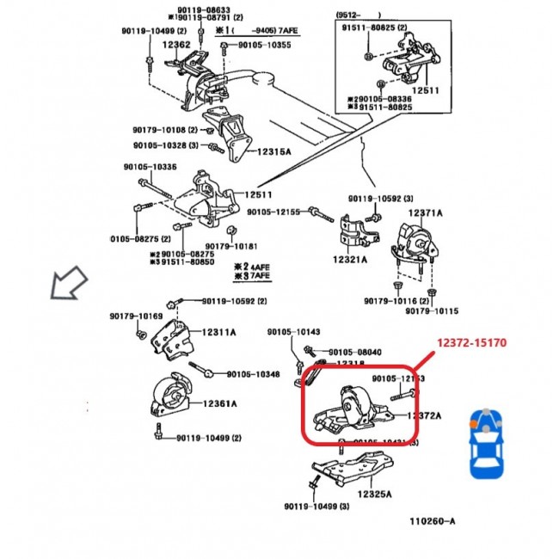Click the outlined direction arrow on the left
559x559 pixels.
[x=70, y=282]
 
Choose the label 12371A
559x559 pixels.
[x=425, y=213]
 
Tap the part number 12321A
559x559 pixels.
[x=349, y=258]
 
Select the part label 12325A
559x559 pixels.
[x=375, y=494]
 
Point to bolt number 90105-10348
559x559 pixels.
[x=253, y=374]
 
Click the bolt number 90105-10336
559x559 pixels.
[x=150, y=167]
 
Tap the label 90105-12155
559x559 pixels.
[x=273, y=212]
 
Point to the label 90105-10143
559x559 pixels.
[x=293, y=331]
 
